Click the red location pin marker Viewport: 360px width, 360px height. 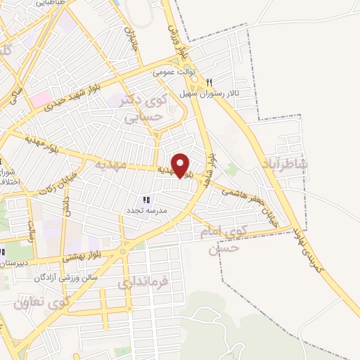(x=181, y=166)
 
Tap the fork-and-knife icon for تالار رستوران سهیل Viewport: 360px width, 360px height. (x=209, y=83)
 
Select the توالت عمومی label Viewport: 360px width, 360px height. (x=176, y=72)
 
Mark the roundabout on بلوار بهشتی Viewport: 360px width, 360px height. (x=123, y=251)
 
